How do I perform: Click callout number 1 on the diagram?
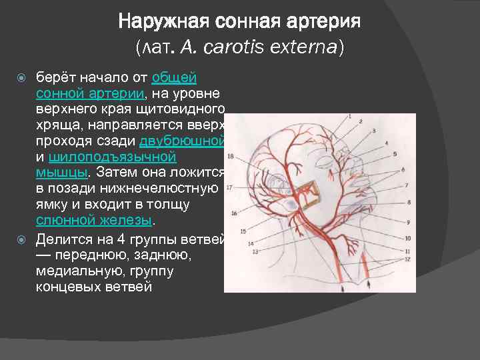(348, 117)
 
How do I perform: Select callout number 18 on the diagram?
(230, 157)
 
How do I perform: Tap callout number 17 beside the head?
(229, 188)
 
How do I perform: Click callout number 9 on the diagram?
(407, 222)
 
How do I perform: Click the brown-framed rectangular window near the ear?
(307, 193)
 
